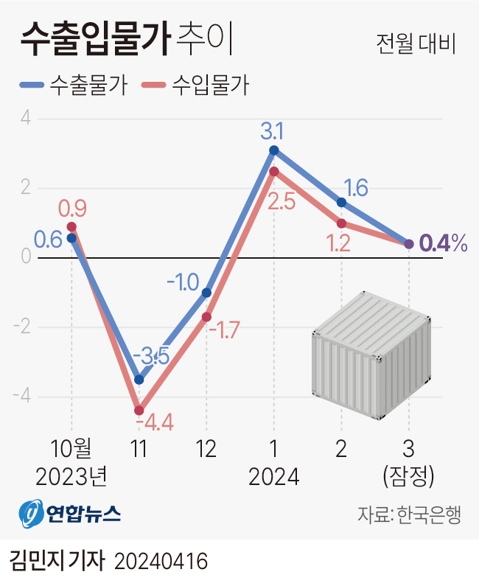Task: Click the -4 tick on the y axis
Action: pyautogui.click(x=23, y=397)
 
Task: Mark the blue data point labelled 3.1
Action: pyautogui.click(x=274, y=150)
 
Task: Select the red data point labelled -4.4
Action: pyautogui.click(x=139, y=411)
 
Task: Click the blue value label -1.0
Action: pyautogui.click(x=183, y=282)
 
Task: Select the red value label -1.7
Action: pyautogui.click(x=223, y=329)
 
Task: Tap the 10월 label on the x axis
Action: pyautogui.click(x=71, y=449)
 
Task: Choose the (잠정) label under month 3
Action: pyautogui.click(x=409, y=477)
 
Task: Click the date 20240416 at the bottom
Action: pyautogui.click(x=161, y=562)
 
